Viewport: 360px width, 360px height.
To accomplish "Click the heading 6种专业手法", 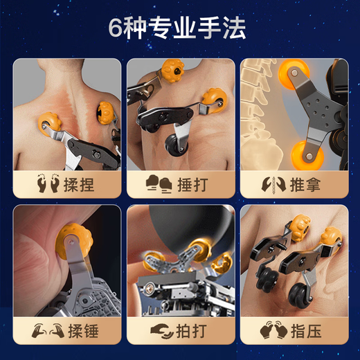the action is click(x=177, y=28).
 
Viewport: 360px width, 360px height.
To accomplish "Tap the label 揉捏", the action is click(x=79, y=185).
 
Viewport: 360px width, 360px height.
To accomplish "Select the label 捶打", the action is click(x=192, y=185).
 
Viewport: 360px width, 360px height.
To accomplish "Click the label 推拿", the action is click(x=305, y=185).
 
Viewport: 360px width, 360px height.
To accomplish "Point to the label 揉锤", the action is click(x=83, y=331).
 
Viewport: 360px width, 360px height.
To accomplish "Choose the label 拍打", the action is click(x=191, y=331).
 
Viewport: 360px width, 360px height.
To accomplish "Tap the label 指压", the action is click(x=306, y=331).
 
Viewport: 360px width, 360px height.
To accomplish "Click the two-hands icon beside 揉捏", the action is click(x=48, y=184).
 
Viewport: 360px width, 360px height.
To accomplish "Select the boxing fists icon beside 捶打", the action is click(x=159, y=184).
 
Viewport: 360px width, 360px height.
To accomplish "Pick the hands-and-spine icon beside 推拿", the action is click(x=273, y=185).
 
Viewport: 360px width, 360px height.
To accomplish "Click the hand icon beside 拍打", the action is click(x=162, y=332).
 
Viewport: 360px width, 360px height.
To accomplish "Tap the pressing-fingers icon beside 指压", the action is click(x=273, y=330).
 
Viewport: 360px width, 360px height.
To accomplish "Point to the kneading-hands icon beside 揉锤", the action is click(x=48, y=330).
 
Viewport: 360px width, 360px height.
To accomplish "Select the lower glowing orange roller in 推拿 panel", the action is click(x=307, y=155).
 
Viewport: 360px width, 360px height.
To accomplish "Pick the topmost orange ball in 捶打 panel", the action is click(x=172, y=71).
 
